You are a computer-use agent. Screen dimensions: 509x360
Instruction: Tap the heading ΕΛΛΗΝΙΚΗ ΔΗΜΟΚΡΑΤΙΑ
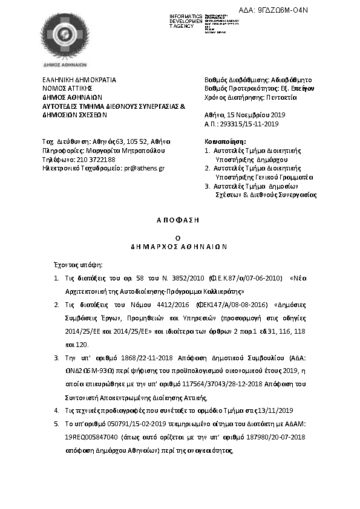79,79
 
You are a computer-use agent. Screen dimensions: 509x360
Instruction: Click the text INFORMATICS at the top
186,15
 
